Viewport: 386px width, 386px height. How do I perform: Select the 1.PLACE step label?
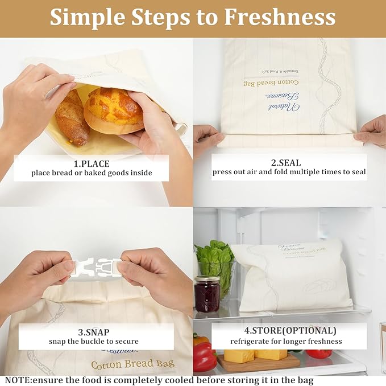coord(91,162)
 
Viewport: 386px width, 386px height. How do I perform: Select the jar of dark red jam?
coord(207,294)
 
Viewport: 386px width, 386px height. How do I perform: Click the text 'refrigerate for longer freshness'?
coord(286,342)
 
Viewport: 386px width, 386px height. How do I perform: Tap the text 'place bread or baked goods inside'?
coord(92,173)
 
